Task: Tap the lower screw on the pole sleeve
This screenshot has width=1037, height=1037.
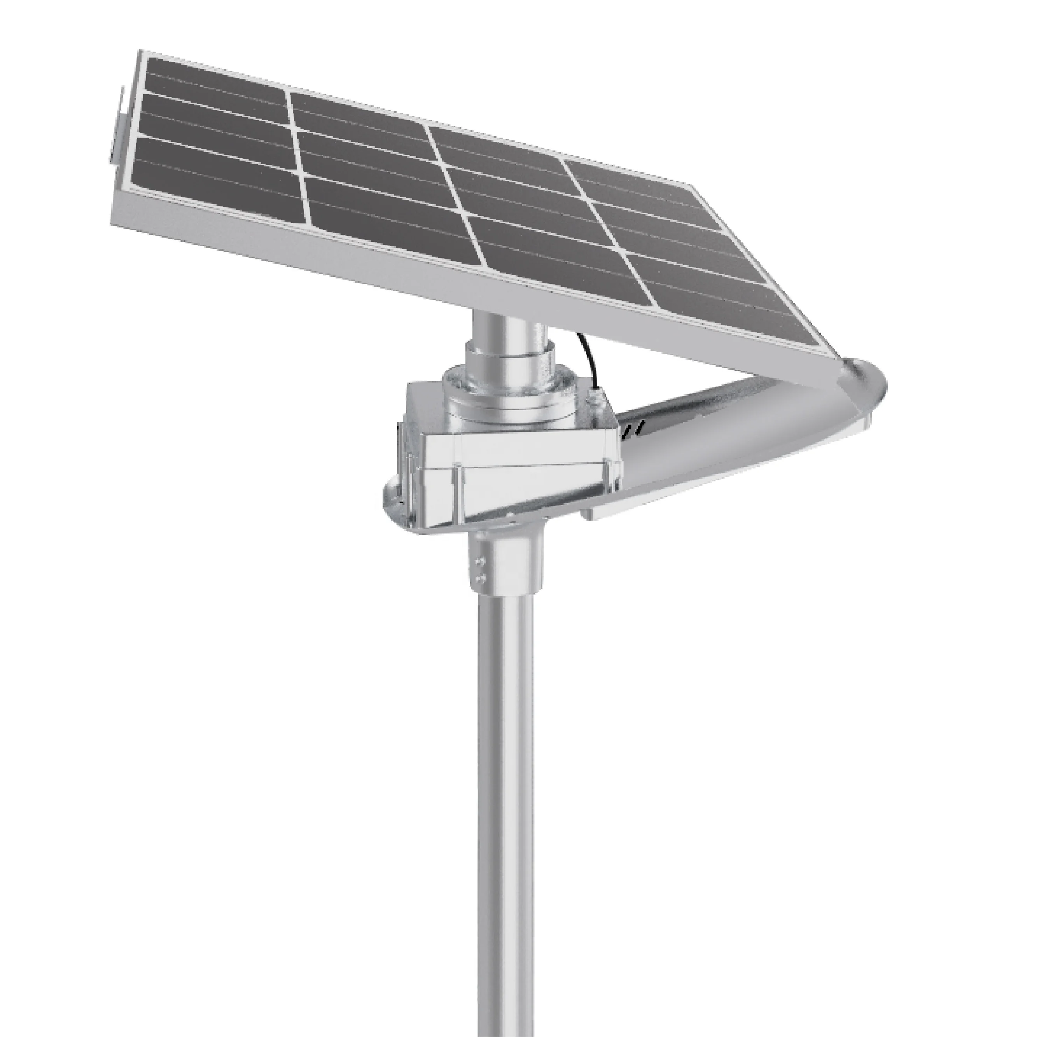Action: (x=479, y=579)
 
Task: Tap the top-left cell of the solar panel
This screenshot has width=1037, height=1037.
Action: (x=215, y=80)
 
